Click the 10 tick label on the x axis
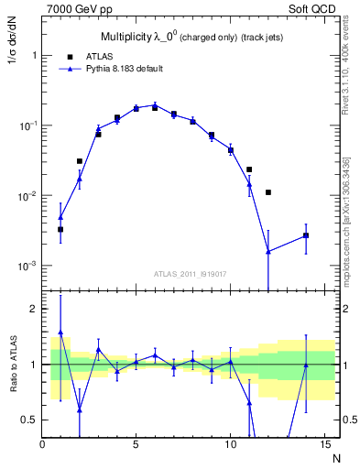pos(230,446)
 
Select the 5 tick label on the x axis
pos(136,446)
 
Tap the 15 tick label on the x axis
pos(323,446)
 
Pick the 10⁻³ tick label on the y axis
pos(25,267)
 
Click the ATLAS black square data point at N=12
pos(267,192)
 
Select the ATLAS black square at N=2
pos(80,161)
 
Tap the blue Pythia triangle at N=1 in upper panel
pos(60,218)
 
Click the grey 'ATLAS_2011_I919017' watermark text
pos(189,273)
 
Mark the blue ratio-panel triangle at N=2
pos(80,409)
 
